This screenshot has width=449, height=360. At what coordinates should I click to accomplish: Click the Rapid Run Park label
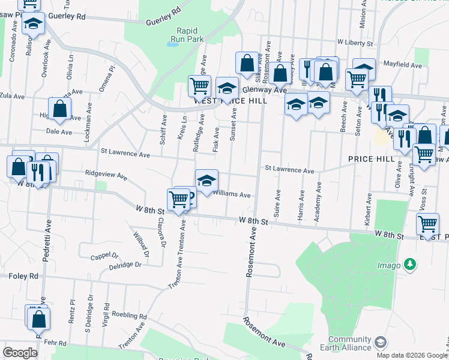pos(187,35)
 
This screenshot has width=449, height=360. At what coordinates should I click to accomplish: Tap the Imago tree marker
pos(410,264)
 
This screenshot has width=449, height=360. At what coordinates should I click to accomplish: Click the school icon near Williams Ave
pos(206,180)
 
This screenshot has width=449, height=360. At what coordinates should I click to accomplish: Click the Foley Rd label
pos(23,276)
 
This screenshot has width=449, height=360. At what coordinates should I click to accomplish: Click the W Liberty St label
pos(355,43)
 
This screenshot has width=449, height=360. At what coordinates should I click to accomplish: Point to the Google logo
pos(20,353)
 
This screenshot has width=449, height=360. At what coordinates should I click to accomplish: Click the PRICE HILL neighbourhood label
pos(370,159)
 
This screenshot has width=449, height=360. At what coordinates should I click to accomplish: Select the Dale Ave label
pos(59,131)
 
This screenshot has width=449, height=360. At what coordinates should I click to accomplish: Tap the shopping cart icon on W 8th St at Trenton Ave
pos(179,199)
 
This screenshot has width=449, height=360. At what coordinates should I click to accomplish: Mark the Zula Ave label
pos(12,95)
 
